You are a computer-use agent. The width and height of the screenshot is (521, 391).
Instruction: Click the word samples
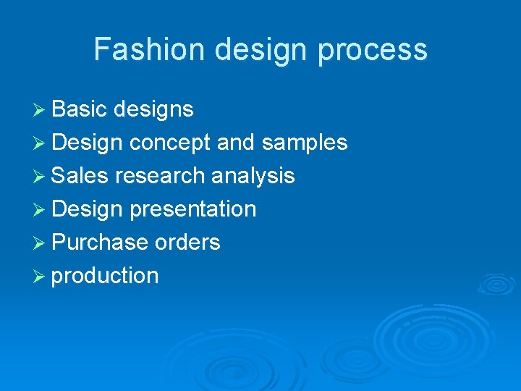305,143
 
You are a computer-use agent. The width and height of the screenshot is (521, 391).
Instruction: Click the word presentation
193,209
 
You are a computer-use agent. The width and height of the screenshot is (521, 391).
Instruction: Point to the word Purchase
100,243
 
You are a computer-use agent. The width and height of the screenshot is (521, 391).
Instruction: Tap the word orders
187,243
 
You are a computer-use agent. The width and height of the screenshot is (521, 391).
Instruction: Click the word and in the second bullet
236,143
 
